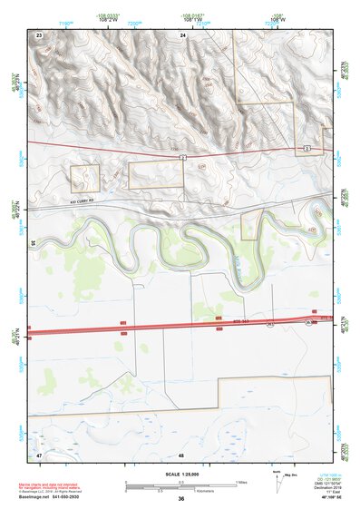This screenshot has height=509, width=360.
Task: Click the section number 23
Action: [39, 34]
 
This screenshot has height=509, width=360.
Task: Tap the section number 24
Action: [182, 34]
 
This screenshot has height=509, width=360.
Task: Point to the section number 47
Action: [39, 453]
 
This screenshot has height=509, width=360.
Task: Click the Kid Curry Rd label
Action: [82, 203]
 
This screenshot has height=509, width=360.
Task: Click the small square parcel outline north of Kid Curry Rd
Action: [85, 177]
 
